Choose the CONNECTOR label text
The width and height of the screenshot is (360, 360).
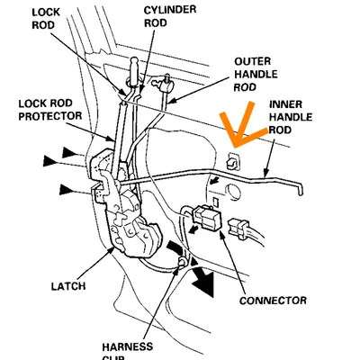274,300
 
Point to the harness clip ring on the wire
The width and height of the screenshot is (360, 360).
184,263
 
